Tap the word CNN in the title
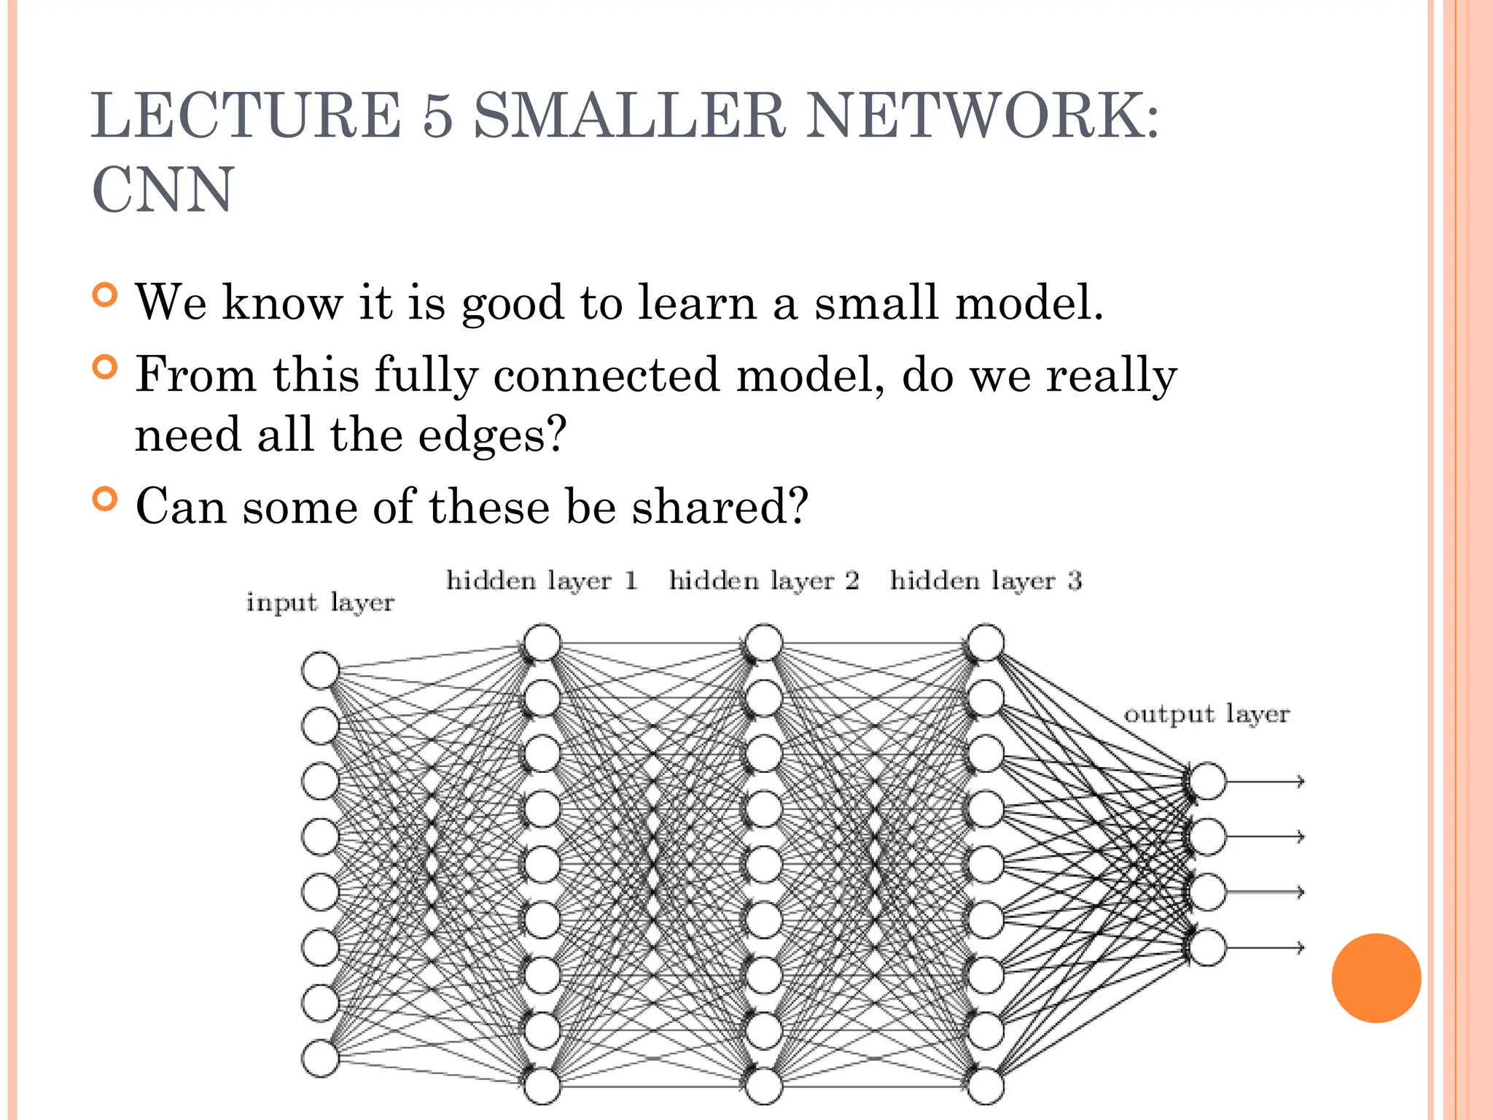point(163,190)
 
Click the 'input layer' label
point(320,603)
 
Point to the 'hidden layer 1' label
point(542,581)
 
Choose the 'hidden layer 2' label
point(764,581)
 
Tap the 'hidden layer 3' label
point(986,581)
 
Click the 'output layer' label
point(1207,714)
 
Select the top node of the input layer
point(320,670)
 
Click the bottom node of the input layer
point(320,1058)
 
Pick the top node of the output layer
point(1207,781)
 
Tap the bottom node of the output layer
point(1207,947)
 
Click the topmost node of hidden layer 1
point(542,642)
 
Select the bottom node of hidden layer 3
point(986,1086)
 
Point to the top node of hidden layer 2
point(764,642)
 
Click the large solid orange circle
point(1376,978)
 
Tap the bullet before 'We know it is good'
point(106,295)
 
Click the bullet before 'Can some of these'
point(106,499)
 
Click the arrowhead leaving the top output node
point(1300,781)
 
